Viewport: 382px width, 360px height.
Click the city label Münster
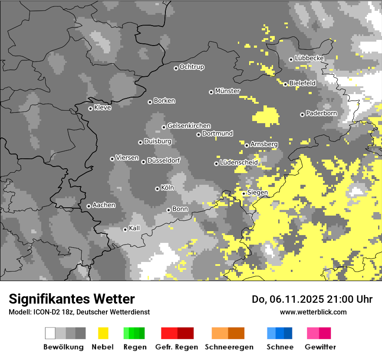tap(227, 91)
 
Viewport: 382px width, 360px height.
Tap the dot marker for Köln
tap(157, 189)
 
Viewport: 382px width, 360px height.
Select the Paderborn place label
tap(322, 114)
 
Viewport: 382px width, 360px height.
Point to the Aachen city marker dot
tap(89, 206)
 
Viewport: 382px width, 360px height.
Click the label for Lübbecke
tap(309, 58)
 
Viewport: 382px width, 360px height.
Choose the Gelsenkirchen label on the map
tap(189, 126)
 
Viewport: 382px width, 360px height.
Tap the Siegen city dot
tap(244, 193)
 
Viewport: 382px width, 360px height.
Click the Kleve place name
tap(102, 108)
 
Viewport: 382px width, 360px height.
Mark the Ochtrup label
tap(191, 67)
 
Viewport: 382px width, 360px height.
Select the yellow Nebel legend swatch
tap(103, 333)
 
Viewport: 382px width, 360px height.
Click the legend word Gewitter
tap(320, 347)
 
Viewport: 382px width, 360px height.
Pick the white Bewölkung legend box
tap(50, 333)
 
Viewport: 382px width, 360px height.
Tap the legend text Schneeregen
tap(229, 347)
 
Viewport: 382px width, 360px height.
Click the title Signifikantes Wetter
tap(72, 299)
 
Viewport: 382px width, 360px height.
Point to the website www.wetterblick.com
tap(313, 312)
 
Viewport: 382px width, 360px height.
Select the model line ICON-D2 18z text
tap(53, 312)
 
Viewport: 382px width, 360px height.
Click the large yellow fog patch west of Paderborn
tap(266, 116)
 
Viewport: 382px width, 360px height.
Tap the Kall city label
tap(135, 228)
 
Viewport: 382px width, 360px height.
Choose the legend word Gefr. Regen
tap(177, 347)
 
